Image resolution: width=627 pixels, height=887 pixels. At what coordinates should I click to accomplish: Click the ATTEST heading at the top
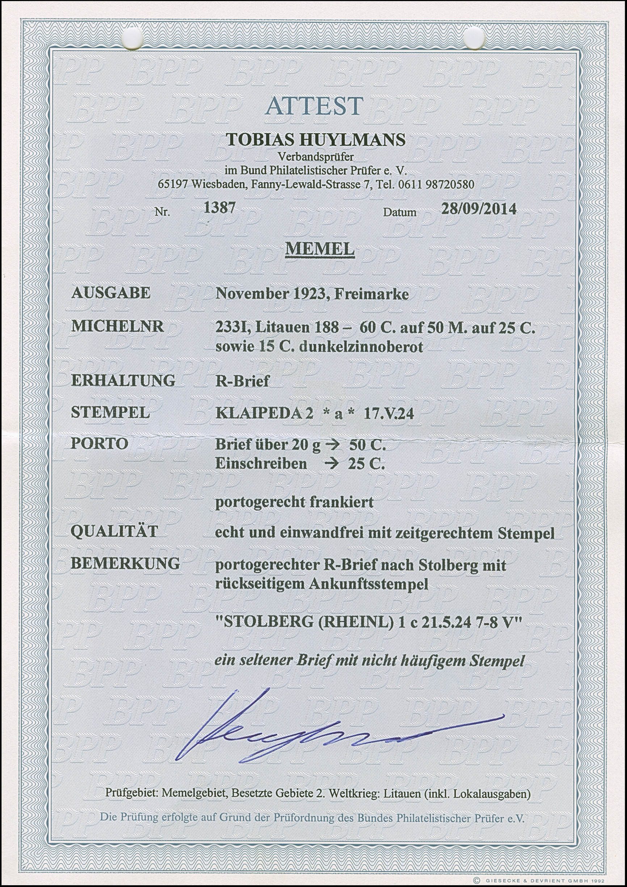(x=315, y=105)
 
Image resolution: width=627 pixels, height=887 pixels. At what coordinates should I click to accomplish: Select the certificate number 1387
(x=219, y=208)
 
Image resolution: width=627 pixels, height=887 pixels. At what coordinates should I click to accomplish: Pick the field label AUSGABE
(x=111, y=293)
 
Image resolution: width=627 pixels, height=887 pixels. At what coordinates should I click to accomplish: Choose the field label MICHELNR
(x=118, y=327)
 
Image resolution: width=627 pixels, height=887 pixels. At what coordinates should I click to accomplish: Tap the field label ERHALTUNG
(x=123, y=381)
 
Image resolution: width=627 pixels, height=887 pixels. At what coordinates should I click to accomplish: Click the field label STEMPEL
(x=110, y=413)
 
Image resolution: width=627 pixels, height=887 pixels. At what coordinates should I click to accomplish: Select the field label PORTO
(x=100, y=443)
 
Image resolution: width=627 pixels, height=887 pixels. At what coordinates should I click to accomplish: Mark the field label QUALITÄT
(x=114, y=531)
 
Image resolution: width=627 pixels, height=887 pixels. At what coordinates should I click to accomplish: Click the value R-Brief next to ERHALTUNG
(x=242, y=381)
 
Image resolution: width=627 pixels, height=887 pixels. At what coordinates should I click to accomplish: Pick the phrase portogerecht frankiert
(x=294, y=502)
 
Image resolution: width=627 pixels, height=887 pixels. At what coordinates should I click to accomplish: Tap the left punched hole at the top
(x=132, y=39)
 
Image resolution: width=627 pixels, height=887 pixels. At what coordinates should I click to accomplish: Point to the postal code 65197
(x=173, y=184)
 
